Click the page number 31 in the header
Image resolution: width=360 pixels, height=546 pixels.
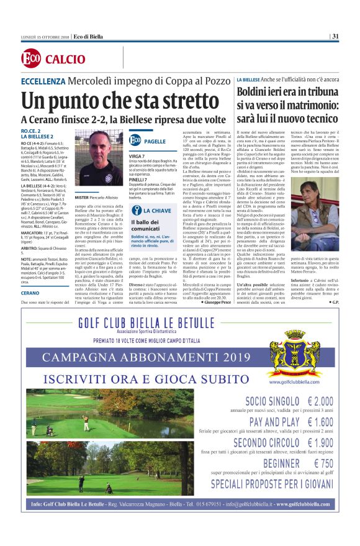tap(335, 36)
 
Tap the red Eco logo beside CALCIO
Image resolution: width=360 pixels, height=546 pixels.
tap(31, 60)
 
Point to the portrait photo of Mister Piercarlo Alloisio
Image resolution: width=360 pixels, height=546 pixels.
tap(99, 158)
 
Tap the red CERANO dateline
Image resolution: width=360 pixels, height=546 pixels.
tap(31, 292)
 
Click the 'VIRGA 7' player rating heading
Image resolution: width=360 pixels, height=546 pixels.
tap(137, 155)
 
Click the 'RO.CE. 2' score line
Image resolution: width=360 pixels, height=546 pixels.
tap(31, 131)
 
